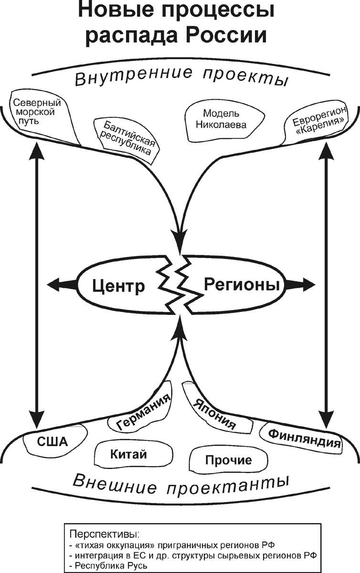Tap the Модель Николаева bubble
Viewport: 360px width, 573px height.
(x=224, y=120)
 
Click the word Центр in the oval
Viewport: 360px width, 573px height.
(x=118, y=286)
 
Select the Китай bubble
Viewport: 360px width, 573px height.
(x=128, y=454)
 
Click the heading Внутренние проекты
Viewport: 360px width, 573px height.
(x=181, y=76)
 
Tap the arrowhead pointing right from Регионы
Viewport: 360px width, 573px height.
(x=307, y=285)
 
